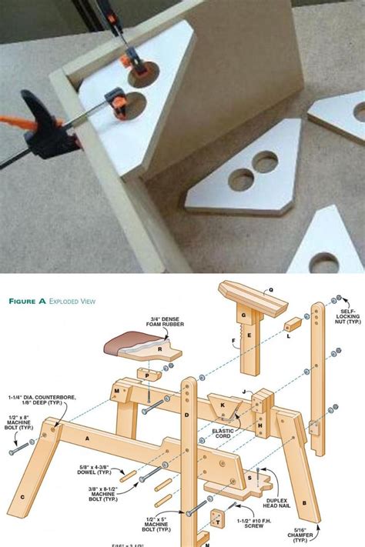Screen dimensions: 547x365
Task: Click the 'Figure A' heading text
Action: pos(27,302)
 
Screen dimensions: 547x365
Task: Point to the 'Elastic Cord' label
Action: pos(223,436)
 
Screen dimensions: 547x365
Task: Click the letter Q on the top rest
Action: pos(270,292)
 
